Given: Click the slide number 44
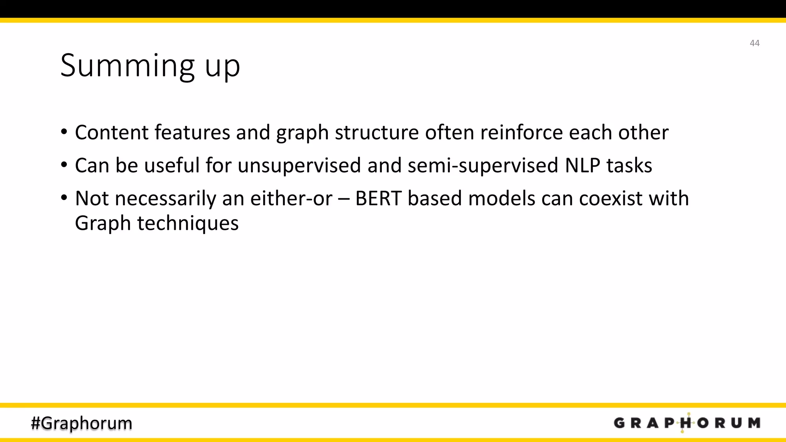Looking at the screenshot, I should (754, 43).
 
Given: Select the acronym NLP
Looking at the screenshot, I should (582, 165).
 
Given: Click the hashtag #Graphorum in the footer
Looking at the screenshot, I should (81, 423).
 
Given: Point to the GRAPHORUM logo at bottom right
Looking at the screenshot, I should (687, 423).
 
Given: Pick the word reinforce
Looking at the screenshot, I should (521, 132).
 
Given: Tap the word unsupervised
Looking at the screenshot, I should (299, 165).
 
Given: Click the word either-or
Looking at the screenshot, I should (291, 198).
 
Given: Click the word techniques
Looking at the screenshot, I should (188, 223).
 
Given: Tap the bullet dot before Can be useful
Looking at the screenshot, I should (64, 165).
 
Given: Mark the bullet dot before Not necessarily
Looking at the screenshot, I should (64, 198).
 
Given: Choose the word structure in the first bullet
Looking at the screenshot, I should (376, 132).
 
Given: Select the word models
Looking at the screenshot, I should (502, 198).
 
